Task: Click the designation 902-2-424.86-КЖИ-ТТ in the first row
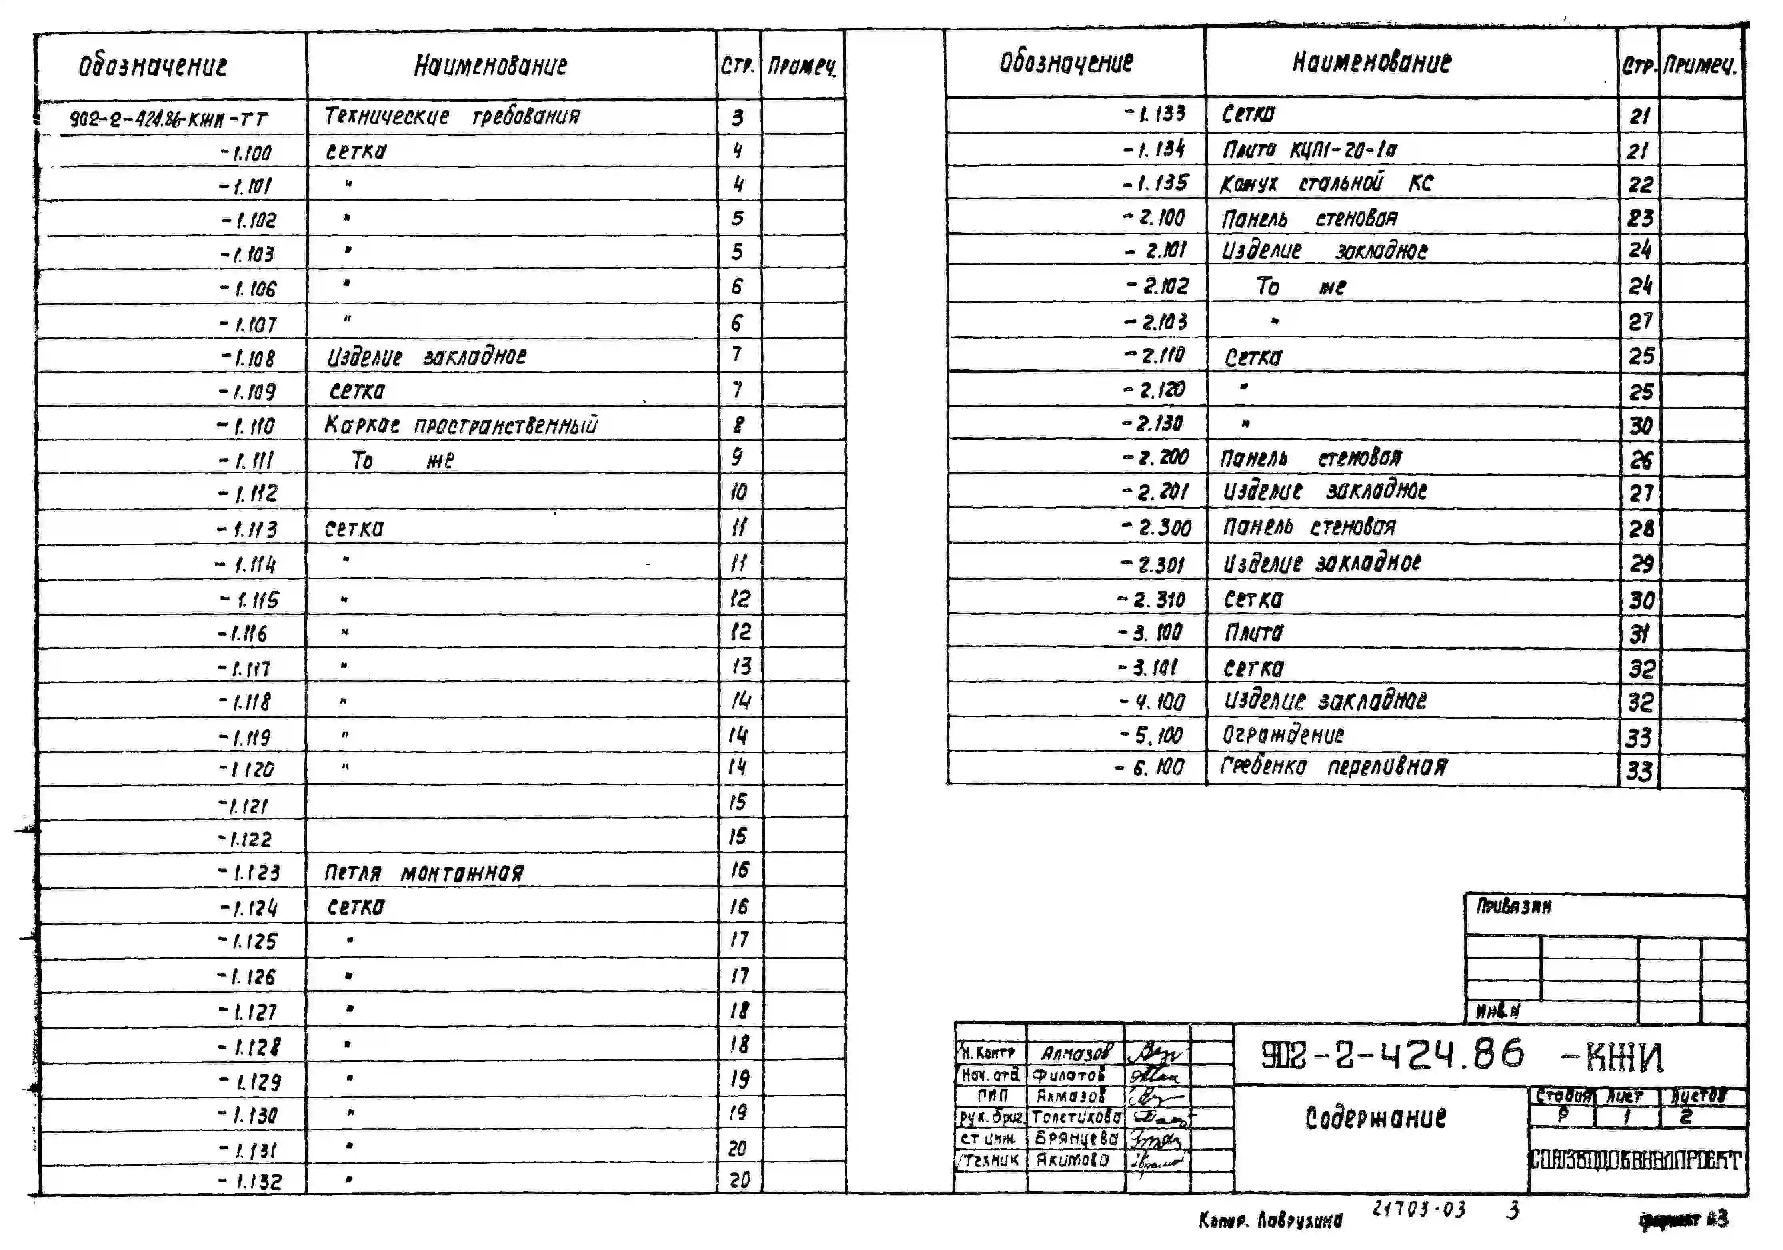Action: [x=168, y=119]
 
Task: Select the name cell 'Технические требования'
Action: [x=452, y=116]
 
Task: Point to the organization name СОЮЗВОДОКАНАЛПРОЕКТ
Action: [x=1635, y=1161]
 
